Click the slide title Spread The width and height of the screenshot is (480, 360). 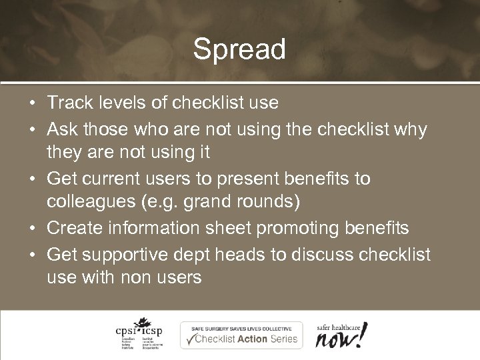click(239, 50)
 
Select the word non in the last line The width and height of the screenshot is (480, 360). click(138, 277)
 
